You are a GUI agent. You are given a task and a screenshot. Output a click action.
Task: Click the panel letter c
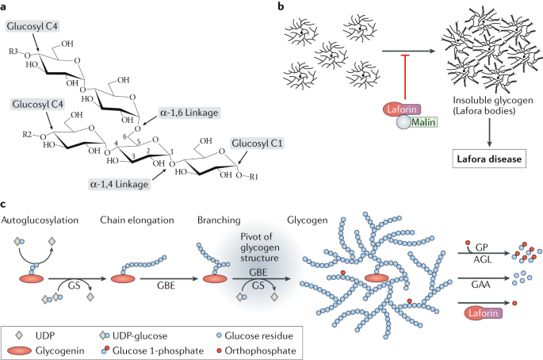pyautogui.click(x=6, y=205)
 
